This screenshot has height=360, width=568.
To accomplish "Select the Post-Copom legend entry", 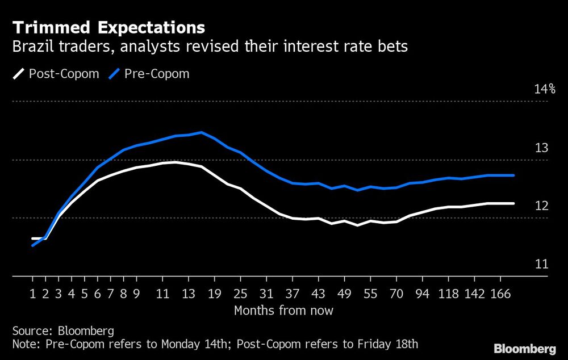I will (53, 73).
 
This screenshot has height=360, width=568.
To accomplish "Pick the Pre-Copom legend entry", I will (147, 73).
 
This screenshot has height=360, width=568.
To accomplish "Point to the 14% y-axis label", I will (544, 89).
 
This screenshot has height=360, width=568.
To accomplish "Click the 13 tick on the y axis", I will (542, 148).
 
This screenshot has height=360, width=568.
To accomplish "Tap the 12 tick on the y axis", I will (542, 206).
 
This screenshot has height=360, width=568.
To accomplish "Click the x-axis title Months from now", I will (283, 311).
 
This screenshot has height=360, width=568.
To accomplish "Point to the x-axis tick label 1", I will (33, 294).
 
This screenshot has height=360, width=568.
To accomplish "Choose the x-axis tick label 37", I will (293, 294).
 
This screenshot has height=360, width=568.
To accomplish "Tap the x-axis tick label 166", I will (500, 294).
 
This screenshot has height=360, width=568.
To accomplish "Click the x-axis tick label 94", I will (422, 294).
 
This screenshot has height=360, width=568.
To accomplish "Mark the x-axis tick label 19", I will (215, 294).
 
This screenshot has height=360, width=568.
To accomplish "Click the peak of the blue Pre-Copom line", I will (202, 132).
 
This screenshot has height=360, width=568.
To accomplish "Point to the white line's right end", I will (513, 203).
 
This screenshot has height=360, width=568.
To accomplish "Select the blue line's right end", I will (513, 175).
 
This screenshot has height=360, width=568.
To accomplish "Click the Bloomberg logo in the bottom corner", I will (525, 348).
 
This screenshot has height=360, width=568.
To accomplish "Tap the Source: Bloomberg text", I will (63, 330).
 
